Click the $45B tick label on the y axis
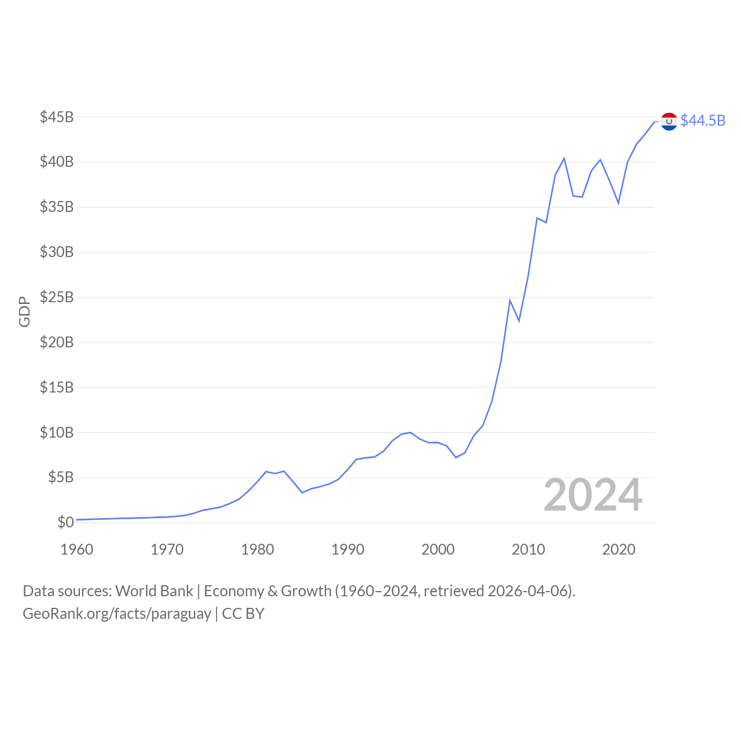click(x=57, y=117)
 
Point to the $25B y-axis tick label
click(x=57, y=297)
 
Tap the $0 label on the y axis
click(x=65, y=522)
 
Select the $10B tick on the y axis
click(x=57, y=432)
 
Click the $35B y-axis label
click(x=57, y=207)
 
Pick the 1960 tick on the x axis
click(x=77, y=549)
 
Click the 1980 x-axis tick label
click(x=258, y=549)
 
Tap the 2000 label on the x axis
click(x=438, y=549)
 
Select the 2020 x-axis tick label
click(x=619, y=549)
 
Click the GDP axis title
click(x=24, y=312)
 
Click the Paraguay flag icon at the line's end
click(x=669, y=121)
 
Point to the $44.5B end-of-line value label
click(x=703, y=120)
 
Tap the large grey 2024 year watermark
click(x=593, y=496)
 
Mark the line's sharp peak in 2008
click(x=510, y=300)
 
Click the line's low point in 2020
click(x=618, y=203)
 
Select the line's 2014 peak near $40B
click(x=564, y=158)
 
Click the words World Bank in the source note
click(x=154, y=591)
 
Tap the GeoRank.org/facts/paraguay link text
click(x=117, y=614)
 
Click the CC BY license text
click(x=243, y=614)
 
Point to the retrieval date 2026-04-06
click(x=530, y=591)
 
